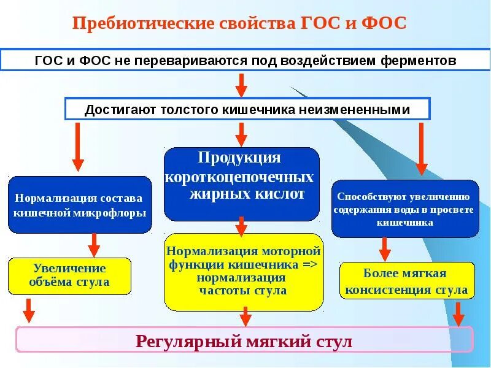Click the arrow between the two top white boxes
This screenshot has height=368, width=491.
click(241, 84)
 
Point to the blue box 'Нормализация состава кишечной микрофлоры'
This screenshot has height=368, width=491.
click(80, 205)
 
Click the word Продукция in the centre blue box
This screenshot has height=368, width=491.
click(239, 158)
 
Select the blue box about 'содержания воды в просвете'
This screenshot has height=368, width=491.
click(405, 209)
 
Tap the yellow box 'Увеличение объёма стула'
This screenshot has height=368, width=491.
click(69, 275)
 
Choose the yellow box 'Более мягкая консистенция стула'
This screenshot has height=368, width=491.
click(407, 282)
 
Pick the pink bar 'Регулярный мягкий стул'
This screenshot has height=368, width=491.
click(244, 339)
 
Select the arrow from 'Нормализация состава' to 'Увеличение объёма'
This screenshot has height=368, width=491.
click(94, 245)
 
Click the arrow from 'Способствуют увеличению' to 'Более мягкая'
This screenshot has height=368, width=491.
click(385, 249)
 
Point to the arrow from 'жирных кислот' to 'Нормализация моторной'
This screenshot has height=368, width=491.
click(241, 227)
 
